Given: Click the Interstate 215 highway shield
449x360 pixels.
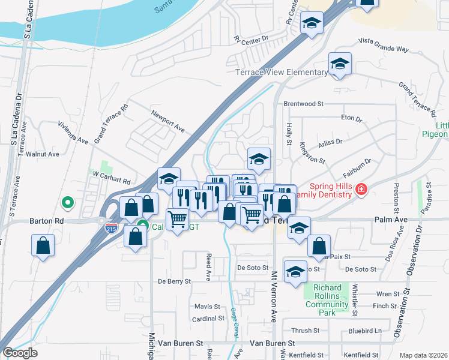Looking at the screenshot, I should click(x=111, y=228).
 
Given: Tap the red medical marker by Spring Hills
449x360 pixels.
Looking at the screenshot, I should click(x=361, y=190).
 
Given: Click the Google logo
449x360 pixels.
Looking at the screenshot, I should click(x=20, y=353).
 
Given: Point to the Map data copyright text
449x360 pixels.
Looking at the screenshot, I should click(x=424, y=355).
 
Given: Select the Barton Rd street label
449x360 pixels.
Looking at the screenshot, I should click(x=46, y=221).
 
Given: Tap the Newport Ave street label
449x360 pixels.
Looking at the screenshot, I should click(x=167, y=122).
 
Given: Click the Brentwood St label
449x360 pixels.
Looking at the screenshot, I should click(x=303, y=104).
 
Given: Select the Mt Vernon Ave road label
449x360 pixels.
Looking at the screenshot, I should click(x=274, y=296).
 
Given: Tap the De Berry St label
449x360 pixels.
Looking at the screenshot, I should click(x=174, y=281).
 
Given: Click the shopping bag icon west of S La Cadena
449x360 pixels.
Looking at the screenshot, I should click(x=43, y=245).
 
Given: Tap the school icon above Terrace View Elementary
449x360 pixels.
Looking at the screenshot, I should click(x=340, y=64).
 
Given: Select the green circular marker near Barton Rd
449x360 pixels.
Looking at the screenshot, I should click(x=68, y=203).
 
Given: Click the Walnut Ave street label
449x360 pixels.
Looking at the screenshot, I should click(x=42, y=154).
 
